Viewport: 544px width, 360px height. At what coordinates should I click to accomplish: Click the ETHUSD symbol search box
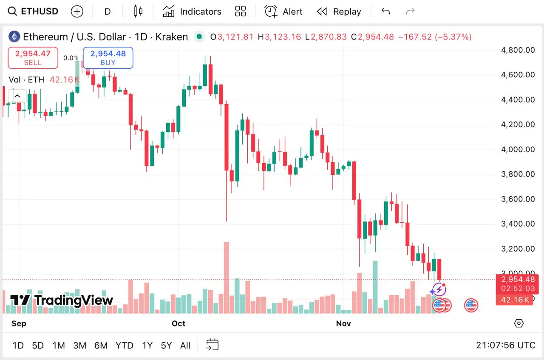point(34,11)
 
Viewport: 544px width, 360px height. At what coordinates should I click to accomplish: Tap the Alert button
point(283,11)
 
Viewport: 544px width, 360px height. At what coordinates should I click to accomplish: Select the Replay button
point(339,11)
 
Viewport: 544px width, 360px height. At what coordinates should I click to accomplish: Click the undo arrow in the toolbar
point(385,11)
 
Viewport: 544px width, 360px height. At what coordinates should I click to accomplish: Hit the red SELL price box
point(33,58)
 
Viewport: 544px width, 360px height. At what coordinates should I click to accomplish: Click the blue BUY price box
point(108,58)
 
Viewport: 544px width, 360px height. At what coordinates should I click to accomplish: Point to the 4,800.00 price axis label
point(518,50)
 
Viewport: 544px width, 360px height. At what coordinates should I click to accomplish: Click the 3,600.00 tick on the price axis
point(518,199)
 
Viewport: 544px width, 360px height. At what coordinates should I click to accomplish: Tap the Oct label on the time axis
point(178,323)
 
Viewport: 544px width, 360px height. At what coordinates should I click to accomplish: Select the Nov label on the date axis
point(343,323)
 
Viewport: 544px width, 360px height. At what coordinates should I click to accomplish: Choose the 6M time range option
point(101,346)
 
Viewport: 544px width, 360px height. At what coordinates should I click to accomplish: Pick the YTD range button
point(125,346)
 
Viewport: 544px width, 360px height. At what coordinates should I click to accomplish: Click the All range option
point(185,346)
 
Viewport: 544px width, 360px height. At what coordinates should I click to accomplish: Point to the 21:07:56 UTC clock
point(505,346)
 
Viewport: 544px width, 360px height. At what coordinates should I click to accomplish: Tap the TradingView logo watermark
point(62,300)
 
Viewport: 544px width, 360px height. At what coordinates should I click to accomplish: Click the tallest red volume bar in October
point(227,277)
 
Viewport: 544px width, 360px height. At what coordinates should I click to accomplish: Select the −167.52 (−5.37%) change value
point(435,37)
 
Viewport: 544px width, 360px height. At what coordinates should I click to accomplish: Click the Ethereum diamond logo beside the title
point(14,37)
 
